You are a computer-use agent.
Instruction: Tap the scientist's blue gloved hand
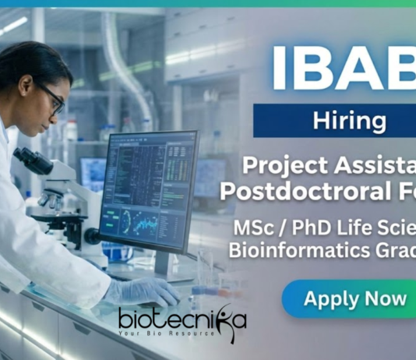click(x=152, y=291)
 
